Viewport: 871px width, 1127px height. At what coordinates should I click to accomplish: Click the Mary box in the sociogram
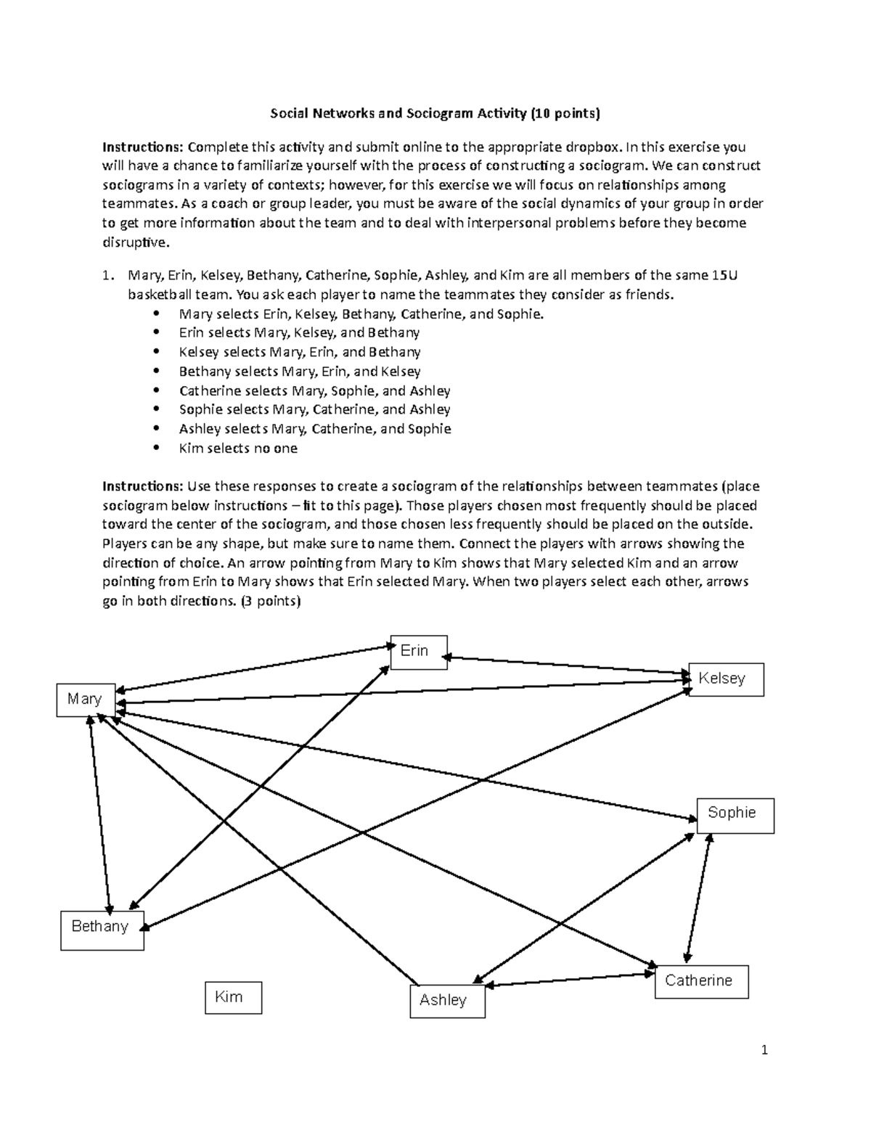[x=86, y=700]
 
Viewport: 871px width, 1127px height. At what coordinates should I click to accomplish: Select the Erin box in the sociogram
[x=419, y=652]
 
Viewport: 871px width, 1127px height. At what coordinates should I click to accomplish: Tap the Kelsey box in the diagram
[x=725, y=679]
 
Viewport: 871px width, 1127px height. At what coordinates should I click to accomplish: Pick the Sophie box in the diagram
[x=735, y=814]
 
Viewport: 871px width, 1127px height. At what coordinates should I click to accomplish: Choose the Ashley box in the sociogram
[x=447, y=1001]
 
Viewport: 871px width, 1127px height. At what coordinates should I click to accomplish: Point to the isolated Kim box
[x=233, y=997]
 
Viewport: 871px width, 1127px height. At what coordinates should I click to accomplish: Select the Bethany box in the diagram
[x=102, y=929]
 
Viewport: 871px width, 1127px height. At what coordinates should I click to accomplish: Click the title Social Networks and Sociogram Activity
[x=435, y=113]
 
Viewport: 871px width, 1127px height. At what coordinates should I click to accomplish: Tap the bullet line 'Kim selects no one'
[x=238, y=448]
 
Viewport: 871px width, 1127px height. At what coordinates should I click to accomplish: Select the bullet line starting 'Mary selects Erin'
[x=361, y=314]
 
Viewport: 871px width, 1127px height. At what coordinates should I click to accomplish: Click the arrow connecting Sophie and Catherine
[x=698, y=897]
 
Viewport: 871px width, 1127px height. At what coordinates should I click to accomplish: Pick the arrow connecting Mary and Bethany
[x=99, y=813]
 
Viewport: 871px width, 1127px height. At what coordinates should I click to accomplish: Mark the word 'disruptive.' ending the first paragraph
[x=135, y=243]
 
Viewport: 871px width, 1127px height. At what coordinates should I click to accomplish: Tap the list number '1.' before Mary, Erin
[x=108, y=276]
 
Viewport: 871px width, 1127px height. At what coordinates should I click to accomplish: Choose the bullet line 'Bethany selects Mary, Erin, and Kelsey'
[x=300, y=372]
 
